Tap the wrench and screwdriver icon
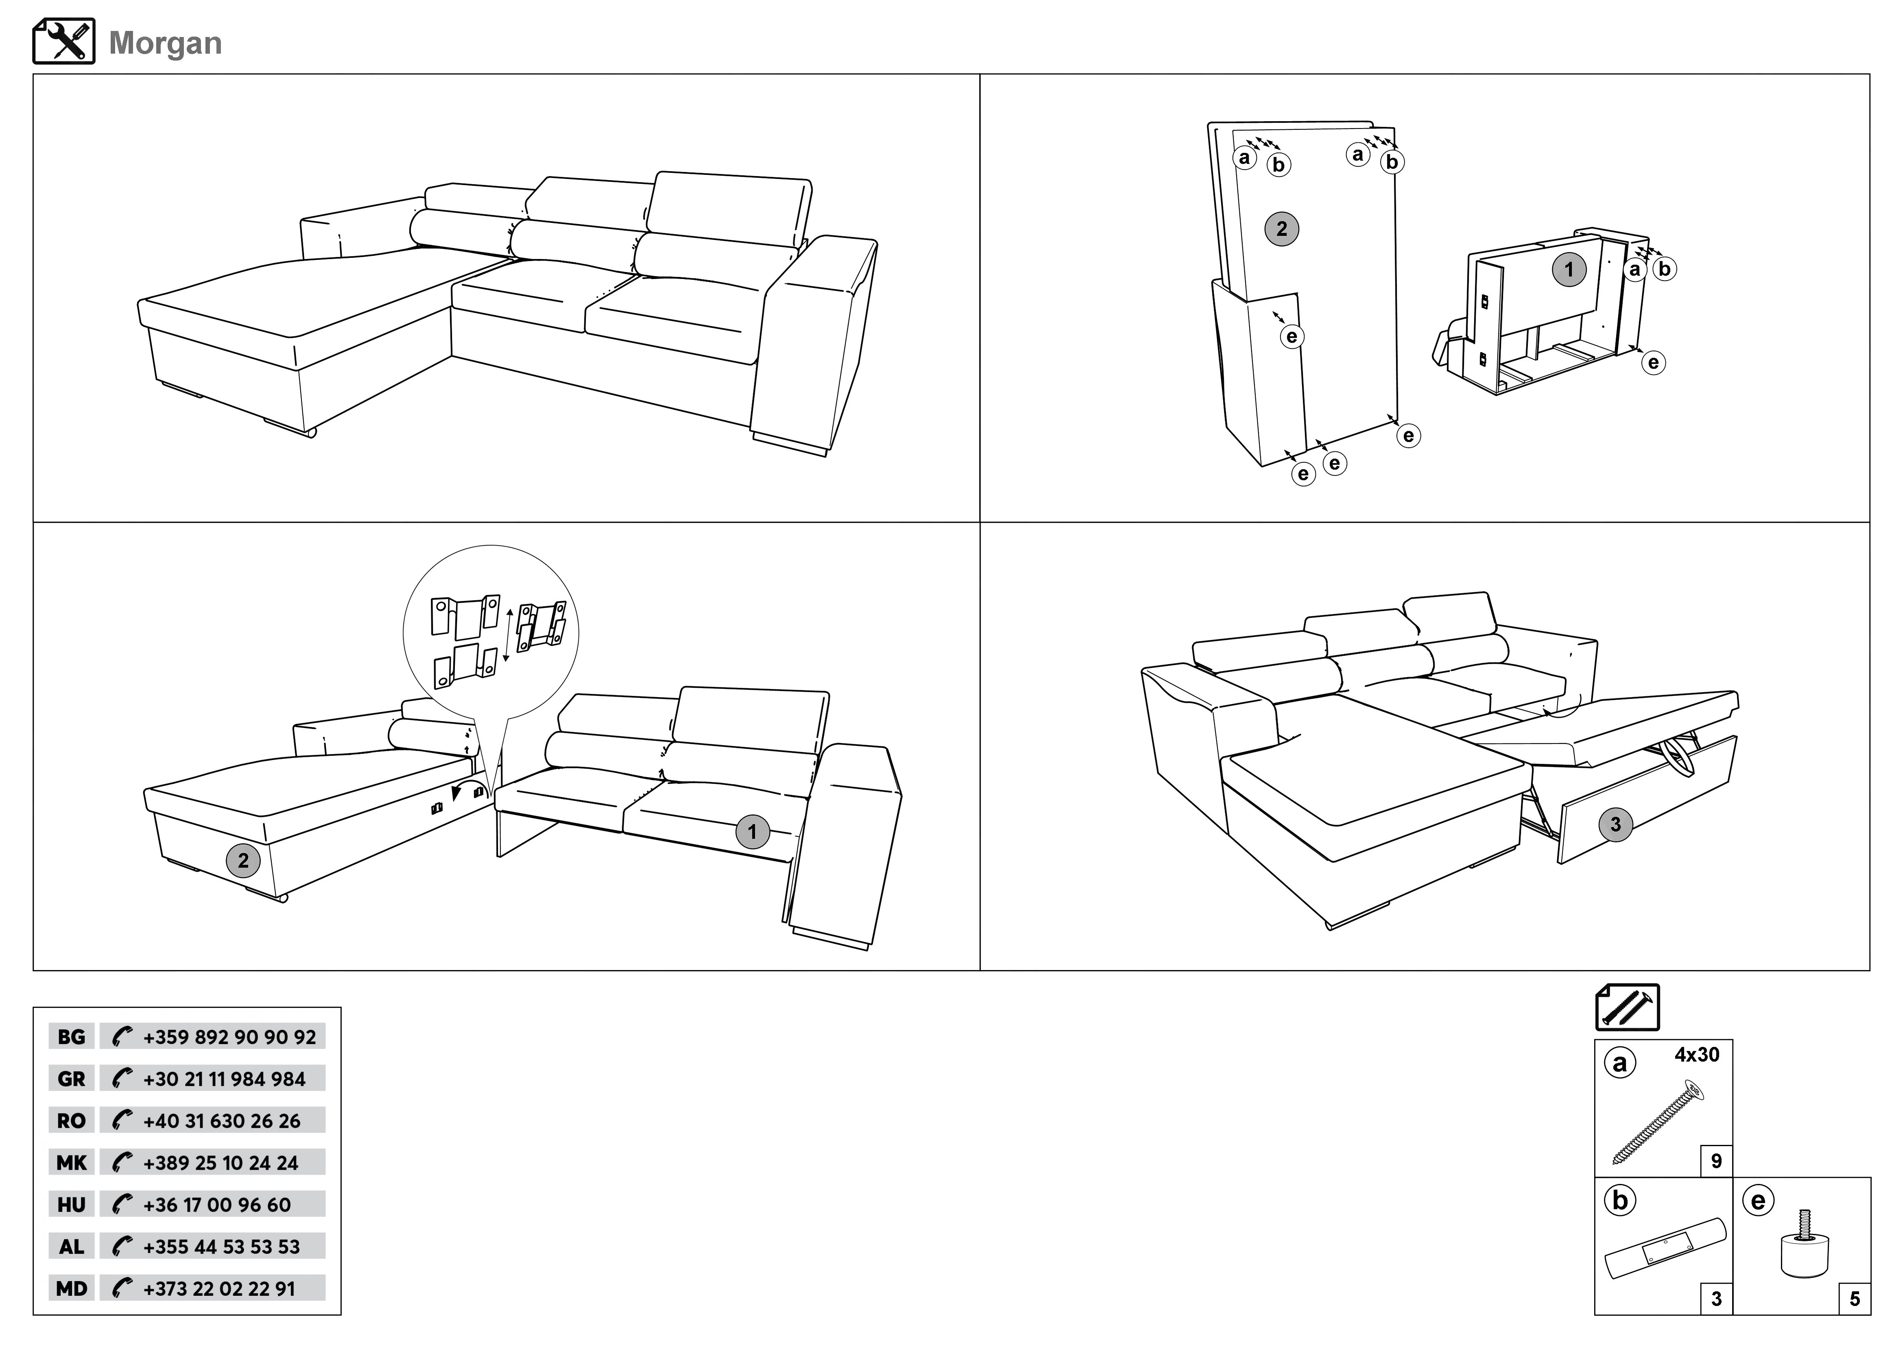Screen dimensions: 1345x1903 [x=64, y=41]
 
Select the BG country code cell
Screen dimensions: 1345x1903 [x=71, y=1037]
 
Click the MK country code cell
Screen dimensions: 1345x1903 [x=71, y=1163]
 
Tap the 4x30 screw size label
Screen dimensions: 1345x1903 [x=1697, y=1055]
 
